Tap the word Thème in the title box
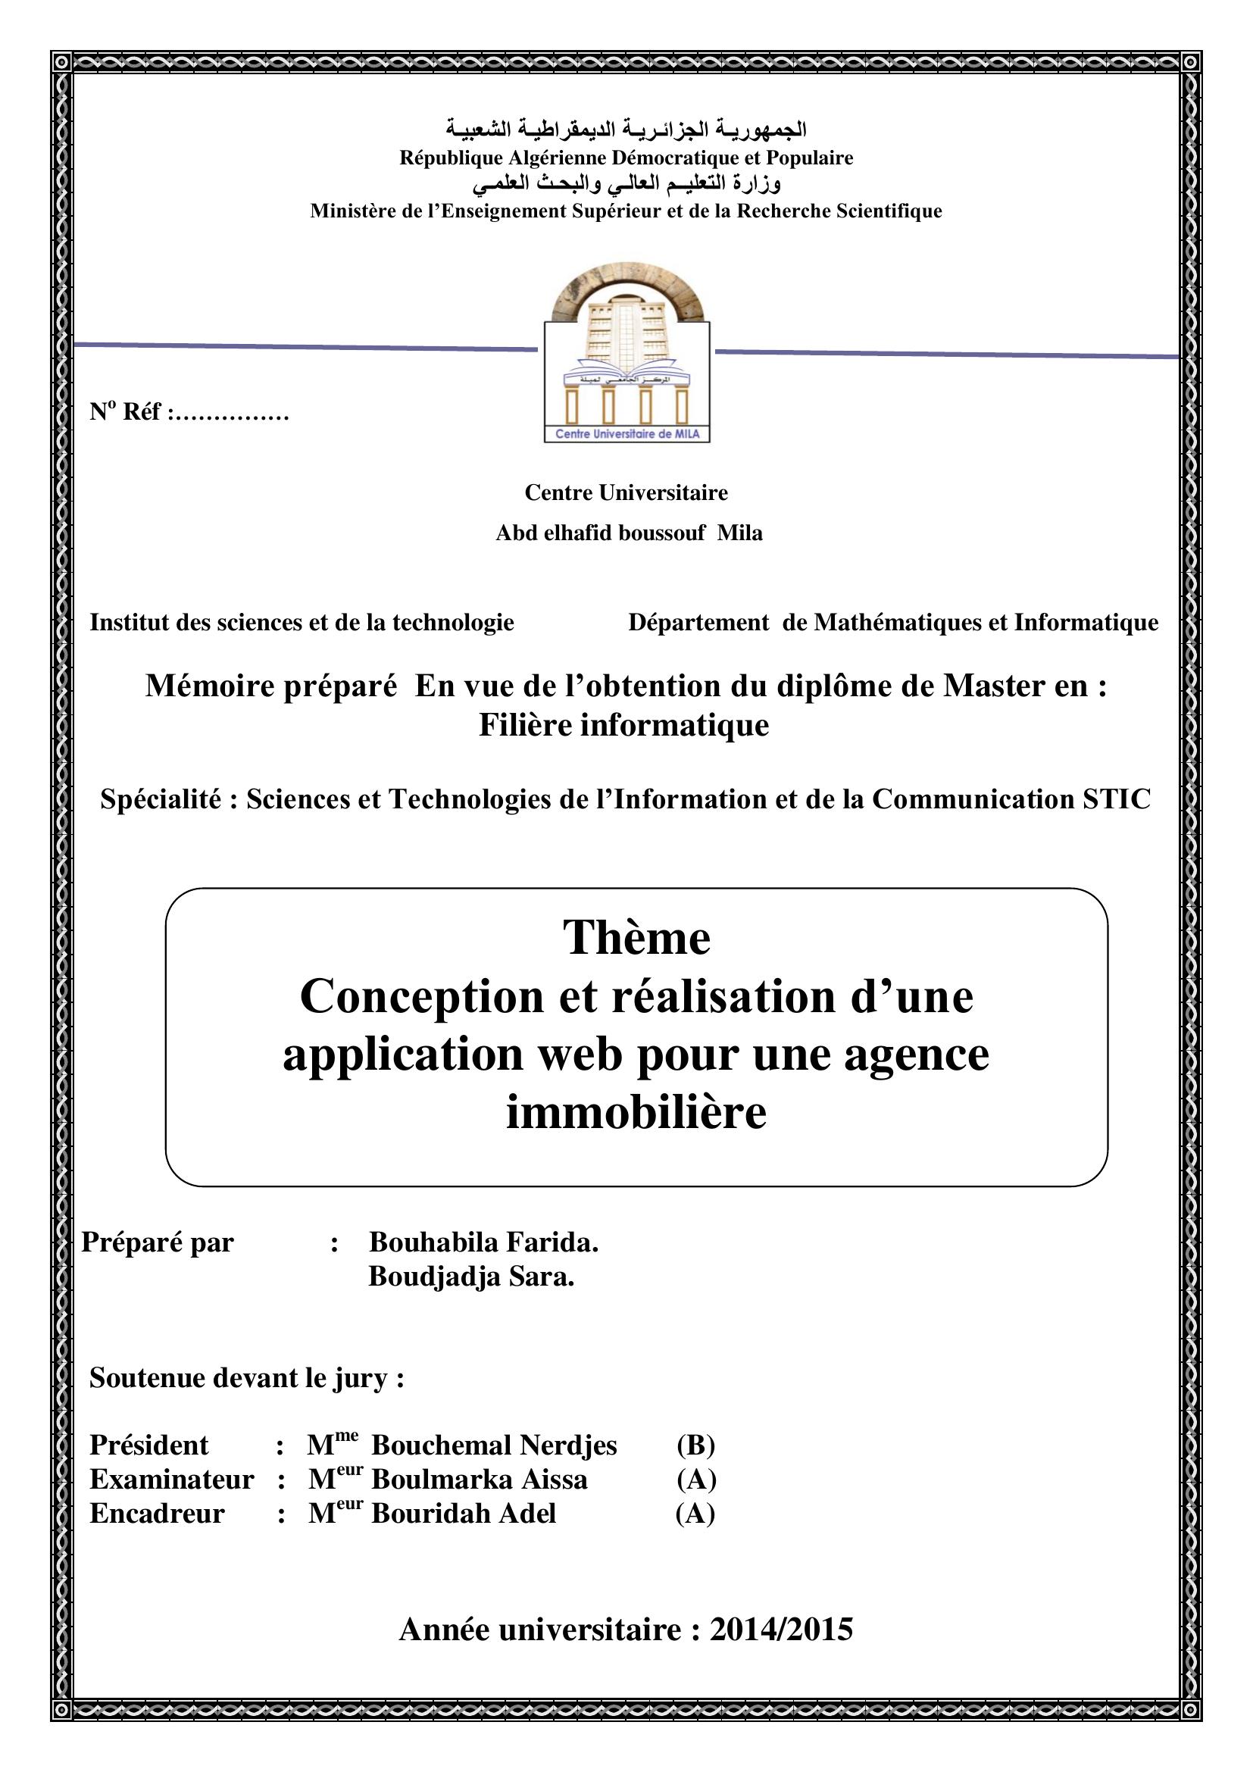(x=636, y=939)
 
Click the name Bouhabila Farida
(x=484, y=1242)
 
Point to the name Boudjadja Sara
(x=471, y=1277)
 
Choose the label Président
(x=149, y=1445)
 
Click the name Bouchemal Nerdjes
(x=494, y=1445)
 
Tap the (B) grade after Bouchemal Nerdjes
(x=696, y=1445)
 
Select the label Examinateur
(x=171, y=1480)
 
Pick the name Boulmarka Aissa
(x=479, y=1480)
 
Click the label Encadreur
(x=157, y=1514)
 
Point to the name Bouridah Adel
(x=464, y=1514)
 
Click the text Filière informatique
(x=624, y=725)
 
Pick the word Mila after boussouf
(x=740, y=533)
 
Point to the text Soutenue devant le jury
(x=247, y=1377)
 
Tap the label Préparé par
(x=158, y=1242)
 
